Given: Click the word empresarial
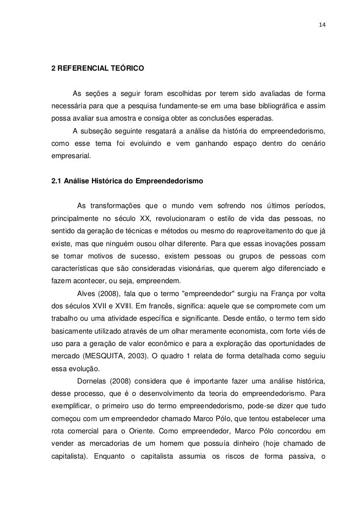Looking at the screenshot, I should pos(71,156).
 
